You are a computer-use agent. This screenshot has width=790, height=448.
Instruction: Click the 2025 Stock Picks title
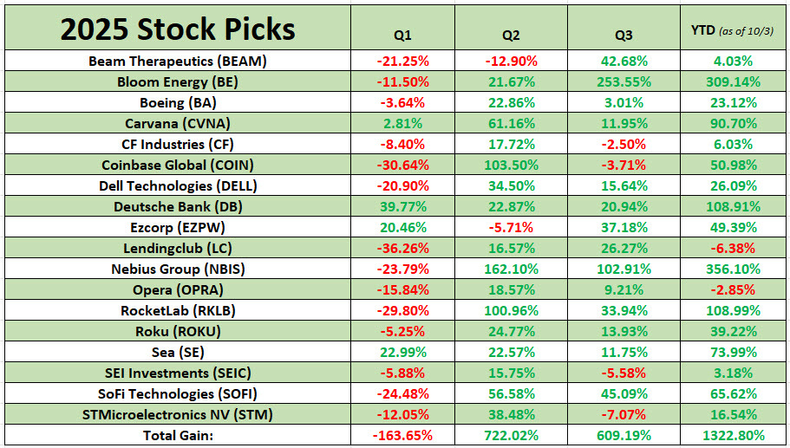point(177,29)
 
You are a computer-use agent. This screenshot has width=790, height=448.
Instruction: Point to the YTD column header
point(732,31)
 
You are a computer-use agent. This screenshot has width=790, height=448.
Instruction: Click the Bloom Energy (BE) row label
point(177,82)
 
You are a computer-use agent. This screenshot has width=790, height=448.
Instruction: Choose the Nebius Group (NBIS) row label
point(177,269)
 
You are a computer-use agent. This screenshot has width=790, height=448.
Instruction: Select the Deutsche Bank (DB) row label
point(177,206)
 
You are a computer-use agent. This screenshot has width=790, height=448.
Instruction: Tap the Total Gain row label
point(177,435)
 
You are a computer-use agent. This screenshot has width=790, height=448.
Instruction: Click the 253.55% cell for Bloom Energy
point(622,82)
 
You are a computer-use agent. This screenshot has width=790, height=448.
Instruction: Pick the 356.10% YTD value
point(734,269)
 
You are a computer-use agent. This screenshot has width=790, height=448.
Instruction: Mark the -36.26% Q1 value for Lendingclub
point(402,248)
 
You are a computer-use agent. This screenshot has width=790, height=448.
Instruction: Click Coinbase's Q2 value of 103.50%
point(512,166)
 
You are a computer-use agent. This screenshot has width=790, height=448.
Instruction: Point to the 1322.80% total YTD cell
point(734,435)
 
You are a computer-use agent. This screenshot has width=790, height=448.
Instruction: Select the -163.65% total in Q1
point(402,435)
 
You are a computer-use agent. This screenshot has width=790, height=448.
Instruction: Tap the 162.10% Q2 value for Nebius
point(512,269)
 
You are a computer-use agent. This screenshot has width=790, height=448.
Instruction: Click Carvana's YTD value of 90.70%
point(734,124)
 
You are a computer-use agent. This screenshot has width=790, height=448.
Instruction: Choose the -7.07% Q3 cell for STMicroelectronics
point(622,414)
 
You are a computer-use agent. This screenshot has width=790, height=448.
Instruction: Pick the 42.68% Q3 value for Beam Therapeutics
point(622,62)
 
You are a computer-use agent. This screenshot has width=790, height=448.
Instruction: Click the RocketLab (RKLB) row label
point(177,310)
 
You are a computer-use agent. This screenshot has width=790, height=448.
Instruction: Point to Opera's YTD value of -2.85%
point(734,289)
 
